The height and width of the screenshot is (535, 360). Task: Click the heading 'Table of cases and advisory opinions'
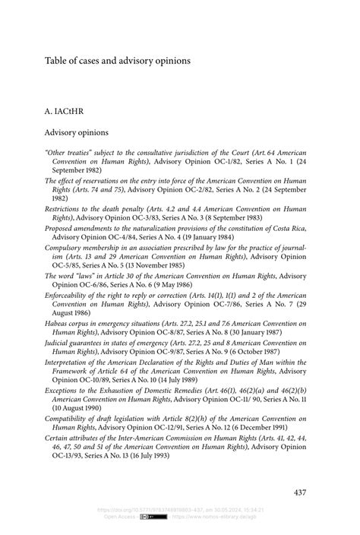[x=118, y=59]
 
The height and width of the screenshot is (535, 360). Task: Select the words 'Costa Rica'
[x=288, y=228]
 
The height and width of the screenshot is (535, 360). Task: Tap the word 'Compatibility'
[x=71, y=419]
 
